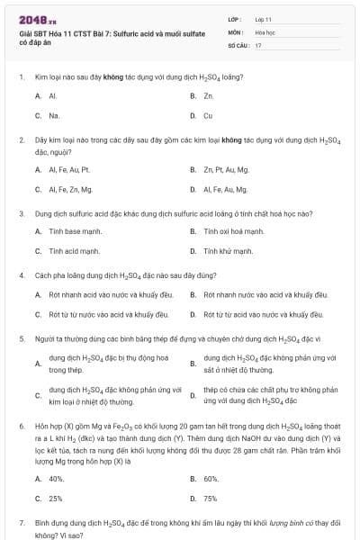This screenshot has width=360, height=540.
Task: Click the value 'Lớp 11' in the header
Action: pos(264,18)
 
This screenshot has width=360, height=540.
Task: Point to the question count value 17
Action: pos(258,44)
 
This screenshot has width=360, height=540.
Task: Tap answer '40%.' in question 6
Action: pos(56,479)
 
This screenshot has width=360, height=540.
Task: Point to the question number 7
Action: pos(21,522)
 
